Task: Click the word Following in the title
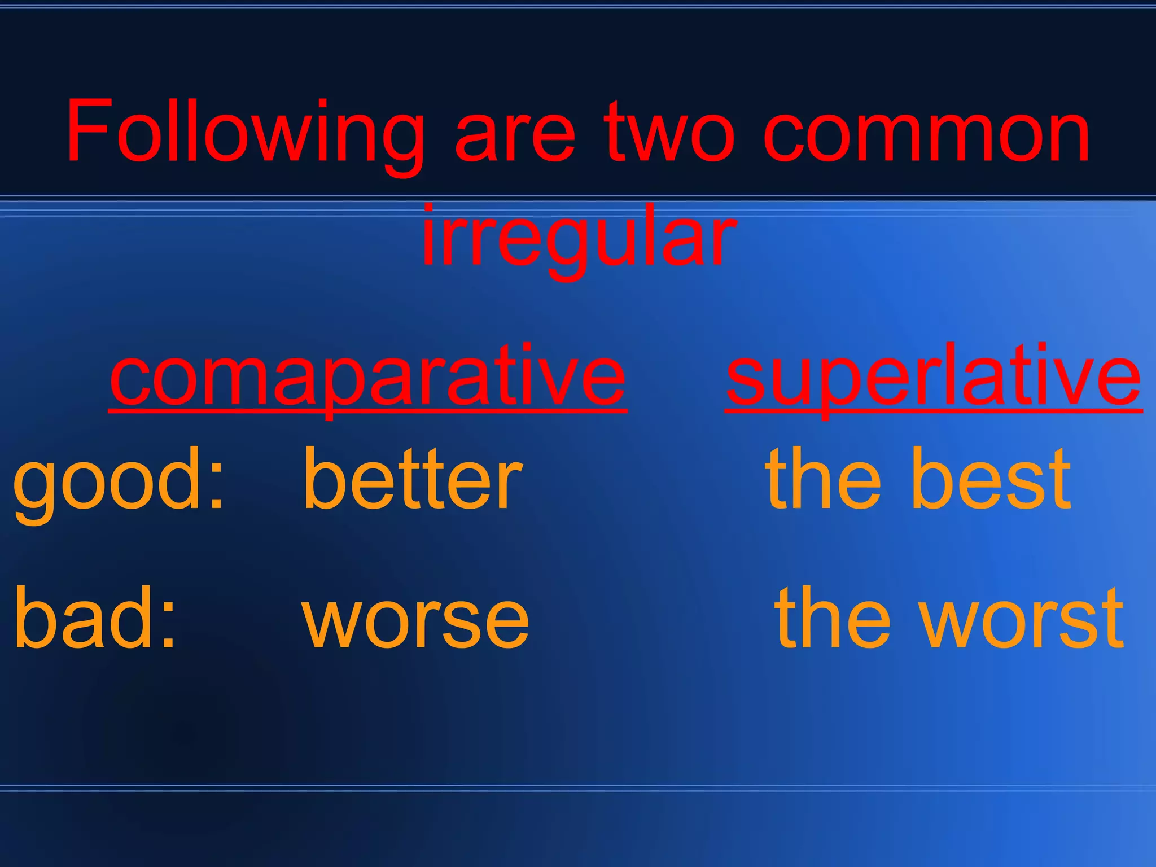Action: pyautogui.click(x=245, y=133)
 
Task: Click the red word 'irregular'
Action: pyautogui.click(x=579, y=237)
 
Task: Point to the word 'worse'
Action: pyautogui.click(x=416, y=621)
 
